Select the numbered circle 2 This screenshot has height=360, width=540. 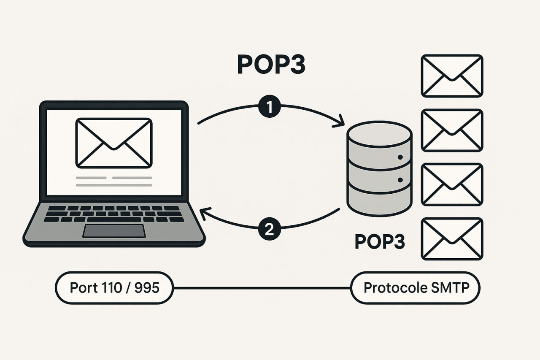click(x=269, y=230)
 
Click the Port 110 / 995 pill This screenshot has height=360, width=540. click(x=114, y=288)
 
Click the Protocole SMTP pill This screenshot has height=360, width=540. click(x=416, y=288)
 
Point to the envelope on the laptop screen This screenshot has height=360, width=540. click(x=113, y=143)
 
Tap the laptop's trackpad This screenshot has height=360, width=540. click(x=113, y=231)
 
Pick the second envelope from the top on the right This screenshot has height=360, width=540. click(x=452, y=130)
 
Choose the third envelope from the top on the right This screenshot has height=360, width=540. click(x=452, y=184)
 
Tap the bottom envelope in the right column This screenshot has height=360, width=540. click(x=452, y=238)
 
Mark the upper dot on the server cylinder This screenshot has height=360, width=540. click(x=400, y=157)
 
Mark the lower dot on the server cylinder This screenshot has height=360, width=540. click(x=400, y=181)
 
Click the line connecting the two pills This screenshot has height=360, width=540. click(x=262, y=288)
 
